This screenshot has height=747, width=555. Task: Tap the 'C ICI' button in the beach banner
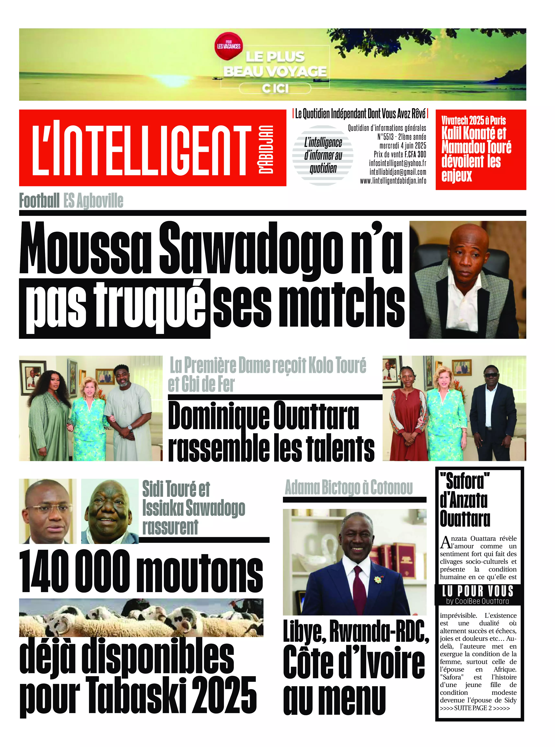275,88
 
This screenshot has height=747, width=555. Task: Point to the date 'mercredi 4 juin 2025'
403,146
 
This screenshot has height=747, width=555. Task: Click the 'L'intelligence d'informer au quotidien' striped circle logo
323,155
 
